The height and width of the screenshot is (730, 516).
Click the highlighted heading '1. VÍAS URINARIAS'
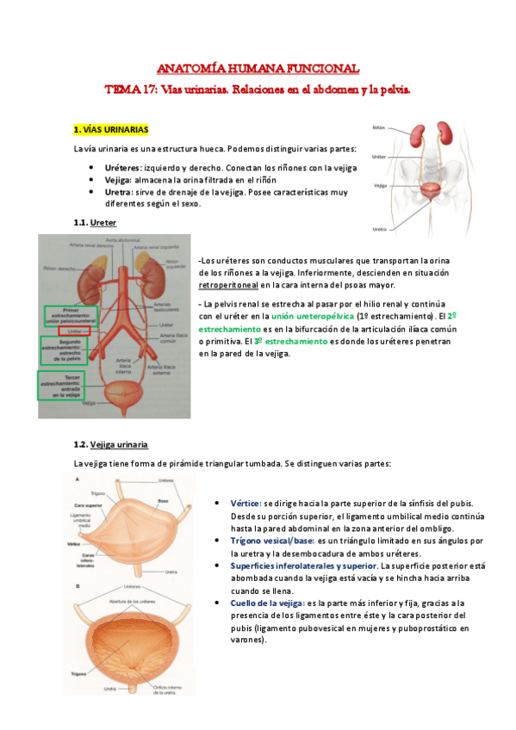pyautogui.click(x=111, y=130)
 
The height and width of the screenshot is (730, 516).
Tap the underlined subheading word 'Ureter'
pyautogui.click(x=103, y=222)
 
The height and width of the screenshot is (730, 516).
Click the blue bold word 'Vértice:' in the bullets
pyautogui.click(x=246, y=502)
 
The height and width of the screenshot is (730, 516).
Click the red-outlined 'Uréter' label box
pyautogui.click(x=74, y=330)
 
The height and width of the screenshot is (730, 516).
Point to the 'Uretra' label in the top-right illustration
pyautogui.click(x=379, y=230)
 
